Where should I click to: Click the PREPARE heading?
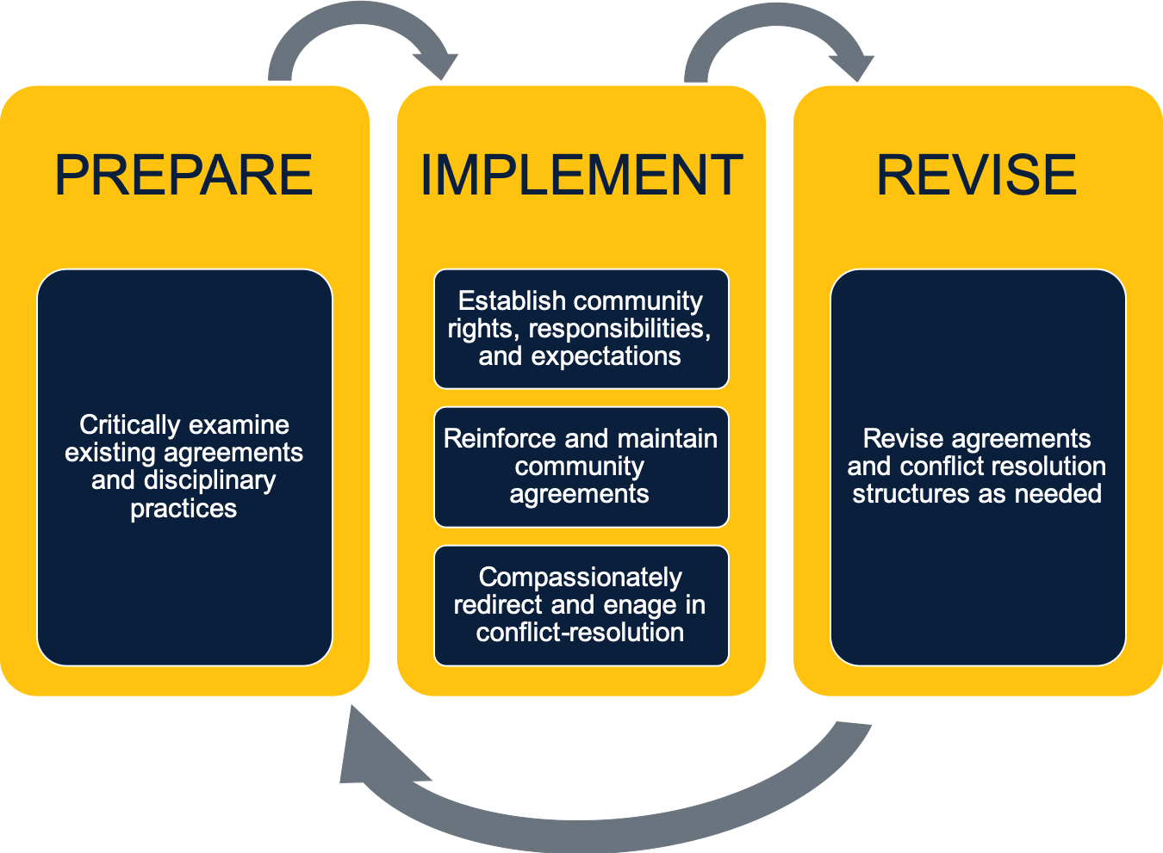coord(183,175)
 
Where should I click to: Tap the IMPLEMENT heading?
coord(581,175)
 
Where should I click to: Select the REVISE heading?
coord(977,175)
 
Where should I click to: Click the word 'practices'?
coord(183,509)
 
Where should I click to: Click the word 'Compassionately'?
coord(581,578)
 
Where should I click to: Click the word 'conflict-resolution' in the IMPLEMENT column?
coord(580,633)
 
